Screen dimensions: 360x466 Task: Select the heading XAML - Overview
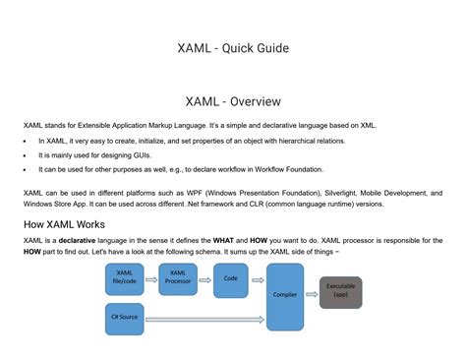tap(232, 100)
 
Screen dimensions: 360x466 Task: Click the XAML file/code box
tap(125, 278)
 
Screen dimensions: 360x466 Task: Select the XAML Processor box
tap(178, 278)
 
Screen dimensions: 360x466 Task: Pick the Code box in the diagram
tap(231, 278)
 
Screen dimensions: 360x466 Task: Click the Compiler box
tap(285, 295)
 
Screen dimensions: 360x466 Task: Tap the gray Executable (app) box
tap(340, 292)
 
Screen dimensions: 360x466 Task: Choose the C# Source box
tap(125, 318)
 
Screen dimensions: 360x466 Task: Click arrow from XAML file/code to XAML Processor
tap(151, 279)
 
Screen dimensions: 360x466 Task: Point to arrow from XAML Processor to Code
tap(204, 279)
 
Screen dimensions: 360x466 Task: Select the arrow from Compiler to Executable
tap(312, 293)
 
